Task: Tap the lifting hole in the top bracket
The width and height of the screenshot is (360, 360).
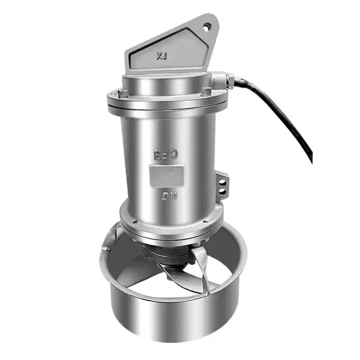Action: (x=207, y=27)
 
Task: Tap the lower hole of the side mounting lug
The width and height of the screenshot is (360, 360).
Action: (x=221, y=192)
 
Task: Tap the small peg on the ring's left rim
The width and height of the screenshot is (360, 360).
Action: (x=104, y=248)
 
